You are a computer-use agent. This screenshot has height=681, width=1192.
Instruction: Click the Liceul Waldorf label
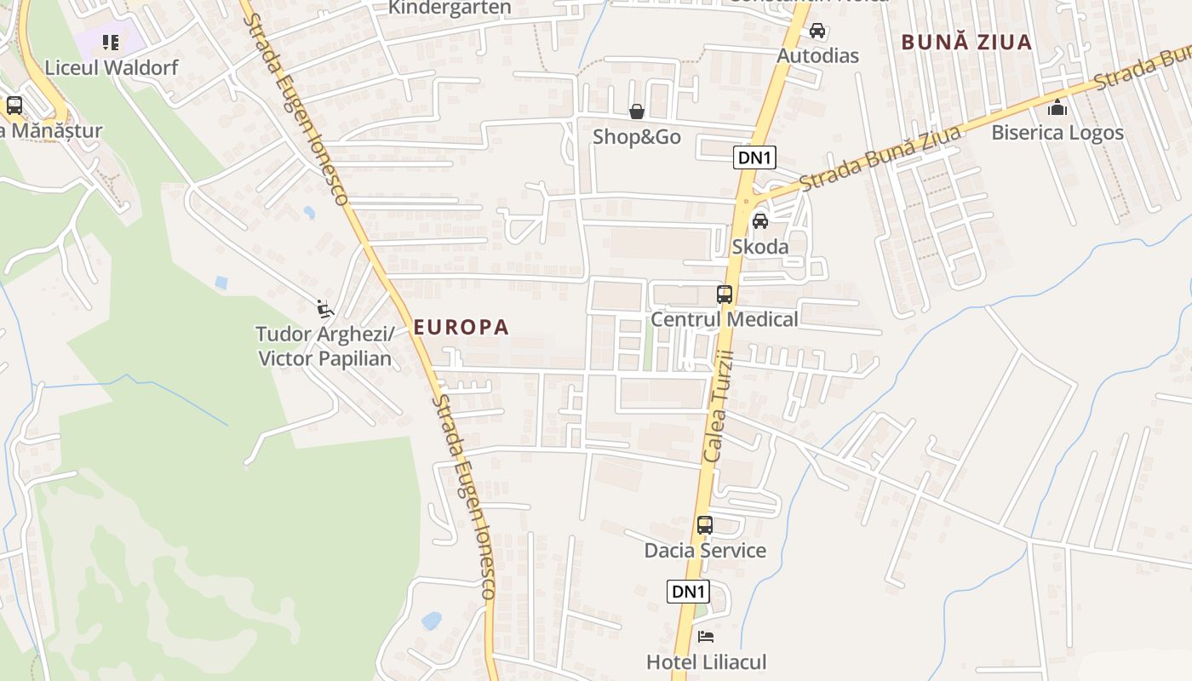(x=112, y=67)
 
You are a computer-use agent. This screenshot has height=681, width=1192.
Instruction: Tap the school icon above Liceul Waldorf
(x=111, y=42)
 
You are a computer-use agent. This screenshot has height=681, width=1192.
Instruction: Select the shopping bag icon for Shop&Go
(x=636, y=112)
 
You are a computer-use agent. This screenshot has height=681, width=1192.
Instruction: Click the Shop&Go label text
(x=637, y=136)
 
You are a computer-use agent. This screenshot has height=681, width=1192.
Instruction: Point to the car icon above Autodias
(x=817, y=31)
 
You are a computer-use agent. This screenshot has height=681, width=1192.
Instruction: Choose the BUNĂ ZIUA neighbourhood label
(x=966, y=42)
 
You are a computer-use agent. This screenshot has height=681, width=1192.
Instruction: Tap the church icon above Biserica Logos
(x=1057, y=107)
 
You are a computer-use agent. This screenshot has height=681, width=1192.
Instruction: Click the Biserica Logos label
(x=1057, y=133)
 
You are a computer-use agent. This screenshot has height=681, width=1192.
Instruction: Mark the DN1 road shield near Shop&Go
(x=754, y=157)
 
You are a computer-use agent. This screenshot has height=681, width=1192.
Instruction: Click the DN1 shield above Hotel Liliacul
(x=688, y=592)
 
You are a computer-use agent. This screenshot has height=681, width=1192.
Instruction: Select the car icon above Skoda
(x=759, y=221)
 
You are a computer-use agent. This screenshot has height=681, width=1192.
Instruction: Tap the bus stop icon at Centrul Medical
(x=725, y=295)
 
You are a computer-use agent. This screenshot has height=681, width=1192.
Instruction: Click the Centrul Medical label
(x=725, y=319)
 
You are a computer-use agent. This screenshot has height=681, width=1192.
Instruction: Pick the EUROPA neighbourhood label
(x=461, y=327)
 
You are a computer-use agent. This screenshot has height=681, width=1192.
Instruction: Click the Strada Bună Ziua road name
(x=880, y=158)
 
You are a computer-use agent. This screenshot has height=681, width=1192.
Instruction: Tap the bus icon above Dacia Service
(x=705, y=525)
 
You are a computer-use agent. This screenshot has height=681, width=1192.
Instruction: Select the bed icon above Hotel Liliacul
(x=706, y=637)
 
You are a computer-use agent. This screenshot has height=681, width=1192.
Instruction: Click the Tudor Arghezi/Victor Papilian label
(x=325, y=346)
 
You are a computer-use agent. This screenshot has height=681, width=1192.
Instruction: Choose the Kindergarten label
(x=450, y=8)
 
